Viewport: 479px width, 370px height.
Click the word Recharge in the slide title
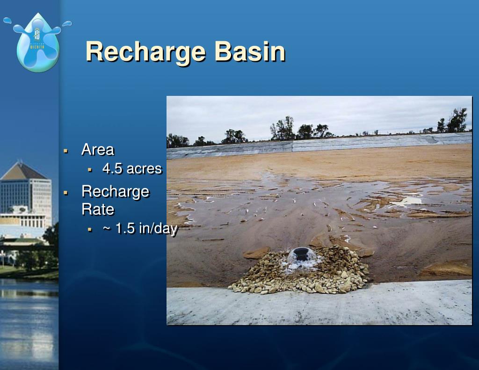(x=146, y=52)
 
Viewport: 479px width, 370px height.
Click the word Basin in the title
(x=250, y=51)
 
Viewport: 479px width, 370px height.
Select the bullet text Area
(x=97, y=150)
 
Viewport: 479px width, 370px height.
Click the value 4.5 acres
(x=132, y=168)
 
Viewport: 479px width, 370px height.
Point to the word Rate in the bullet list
(x=98, y=209)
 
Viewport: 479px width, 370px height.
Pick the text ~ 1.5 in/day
(x=140, y=229)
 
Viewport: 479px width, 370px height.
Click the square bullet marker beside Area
(x=66, y=151)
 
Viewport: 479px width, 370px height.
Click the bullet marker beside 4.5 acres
(x=89, y=169)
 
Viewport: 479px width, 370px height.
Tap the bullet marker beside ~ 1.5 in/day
(x=89, y=229)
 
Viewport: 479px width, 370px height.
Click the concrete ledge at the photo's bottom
(x=318, y=306)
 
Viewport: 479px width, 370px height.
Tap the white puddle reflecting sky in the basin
(x=406, y=201)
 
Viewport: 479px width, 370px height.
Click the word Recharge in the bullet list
(x=115, y=191)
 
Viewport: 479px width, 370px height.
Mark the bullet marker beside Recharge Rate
(x=66, y=192)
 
